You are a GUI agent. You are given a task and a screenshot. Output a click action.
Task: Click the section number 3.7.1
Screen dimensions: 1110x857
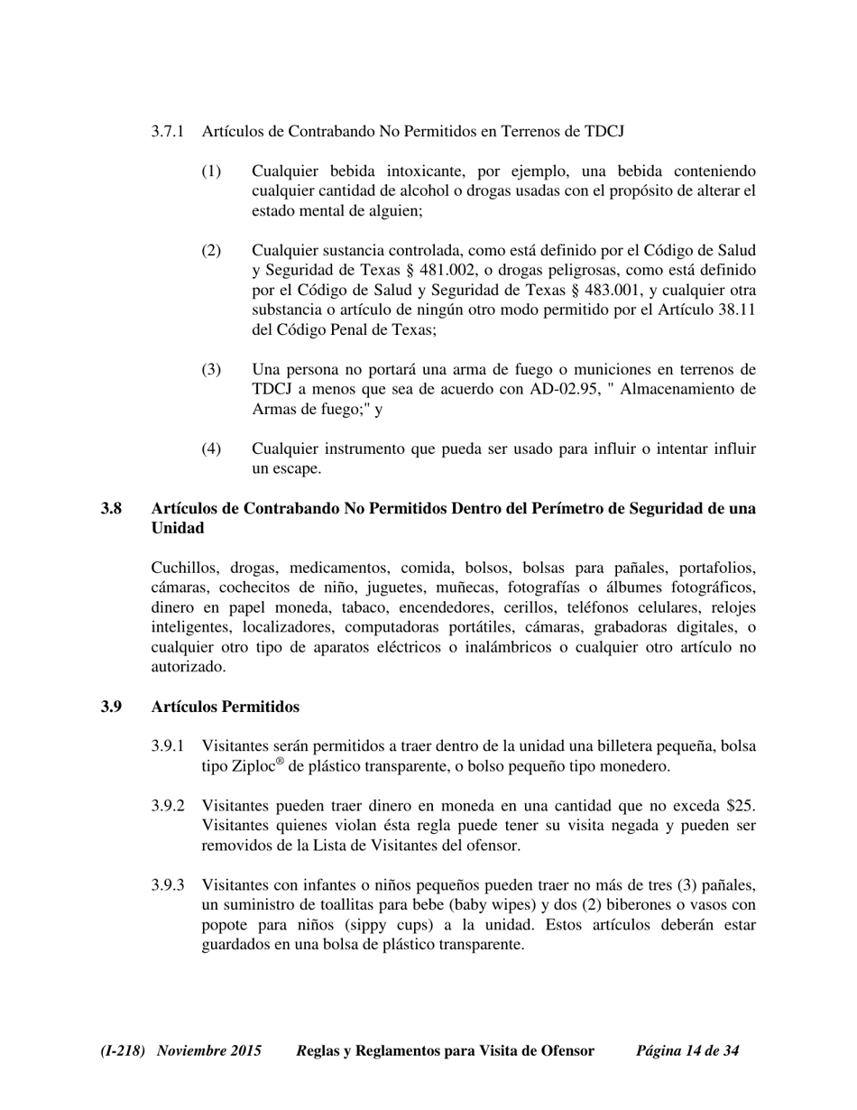(168, 132)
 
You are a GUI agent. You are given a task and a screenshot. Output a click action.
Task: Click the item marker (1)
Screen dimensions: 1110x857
(210, 171)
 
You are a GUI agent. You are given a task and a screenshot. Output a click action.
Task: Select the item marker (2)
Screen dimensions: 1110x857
(210, 250)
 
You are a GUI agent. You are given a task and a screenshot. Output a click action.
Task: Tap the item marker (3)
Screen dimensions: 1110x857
(210, 369)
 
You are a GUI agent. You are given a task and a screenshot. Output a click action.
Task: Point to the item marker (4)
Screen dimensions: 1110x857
(210, 449)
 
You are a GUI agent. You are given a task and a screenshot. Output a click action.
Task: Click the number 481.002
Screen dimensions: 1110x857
(449, 271)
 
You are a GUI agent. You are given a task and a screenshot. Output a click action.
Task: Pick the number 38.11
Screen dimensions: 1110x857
(736, 310)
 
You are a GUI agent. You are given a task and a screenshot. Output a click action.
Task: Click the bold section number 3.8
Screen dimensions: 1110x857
(112, 508)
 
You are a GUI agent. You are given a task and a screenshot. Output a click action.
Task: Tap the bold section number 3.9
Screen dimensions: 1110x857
(112, 707)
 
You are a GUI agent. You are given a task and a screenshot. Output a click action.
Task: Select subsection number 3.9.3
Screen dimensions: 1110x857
(168, 884)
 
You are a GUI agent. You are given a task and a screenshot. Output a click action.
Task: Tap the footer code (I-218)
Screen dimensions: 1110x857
(124, 1050)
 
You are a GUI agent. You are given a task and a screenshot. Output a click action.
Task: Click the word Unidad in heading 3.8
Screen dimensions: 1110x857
(178, 528)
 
